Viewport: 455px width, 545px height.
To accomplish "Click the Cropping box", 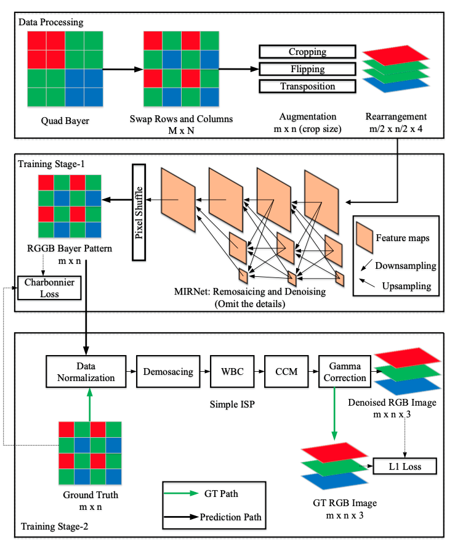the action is coord(307,52).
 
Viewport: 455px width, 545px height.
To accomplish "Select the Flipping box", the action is coord(307,69).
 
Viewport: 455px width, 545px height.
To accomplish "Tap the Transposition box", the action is coord(307,86).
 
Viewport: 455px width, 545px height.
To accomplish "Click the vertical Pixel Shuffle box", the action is coord(139,212).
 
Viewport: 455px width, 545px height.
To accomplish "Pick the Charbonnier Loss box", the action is coord(49,288).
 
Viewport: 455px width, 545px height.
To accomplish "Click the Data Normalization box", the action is coord(86,372).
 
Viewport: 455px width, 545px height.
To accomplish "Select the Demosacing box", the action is coord(168,372).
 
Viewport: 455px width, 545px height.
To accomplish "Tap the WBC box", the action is coord(232,372).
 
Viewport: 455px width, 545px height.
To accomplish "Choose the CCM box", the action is coord(286,372).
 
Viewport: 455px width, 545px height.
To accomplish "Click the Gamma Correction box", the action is coord(345,372).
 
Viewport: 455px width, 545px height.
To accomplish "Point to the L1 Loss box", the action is coord(405,467).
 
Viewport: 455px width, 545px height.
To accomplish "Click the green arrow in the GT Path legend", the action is coord(181,493).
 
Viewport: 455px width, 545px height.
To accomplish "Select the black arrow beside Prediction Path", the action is coord(181,517).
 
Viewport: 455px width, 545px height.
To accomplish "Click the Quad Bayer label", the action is coord(65,121).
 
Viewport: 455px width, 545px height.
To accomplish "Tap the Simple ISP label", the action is coord(232,404).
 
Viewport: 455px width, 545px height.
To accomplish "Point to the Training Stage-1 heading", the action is coord(51,164).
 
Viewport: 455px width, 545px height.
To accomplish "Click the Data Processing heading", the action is coord(50,22).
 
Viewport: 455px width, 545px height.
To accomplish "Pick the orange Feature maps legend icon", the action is coord(364,237).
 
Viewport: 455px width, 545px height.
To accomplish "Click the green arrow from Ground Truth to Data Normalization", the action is coord(90,404).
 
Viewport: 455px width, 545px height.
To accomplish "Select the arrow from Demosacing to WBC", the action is coord(205,372).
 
